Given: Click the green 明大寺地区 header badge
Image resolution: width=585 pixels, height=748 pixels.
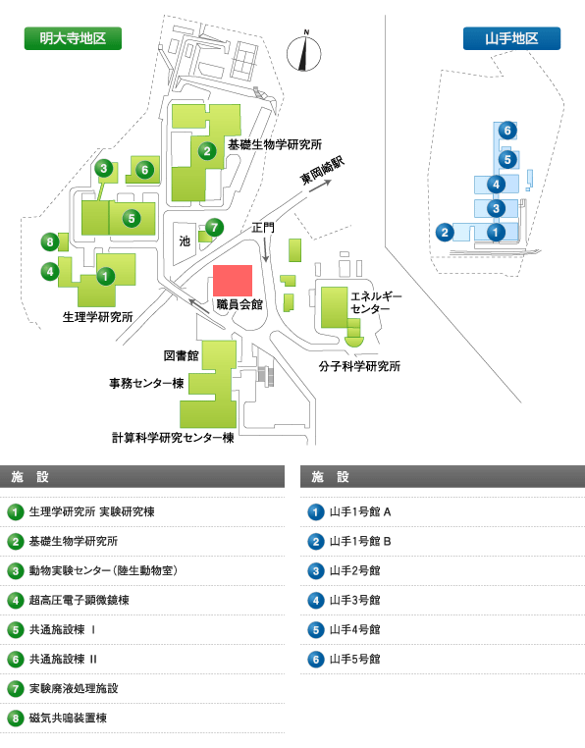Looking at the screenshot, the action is tap(73, 38).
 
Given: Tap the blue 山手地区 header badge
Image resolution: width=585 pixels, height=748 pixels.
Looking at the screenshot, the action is tap(511, 38).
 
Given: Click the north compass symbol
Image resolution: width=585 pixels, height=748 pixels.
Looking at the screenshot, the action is tap(304, 52).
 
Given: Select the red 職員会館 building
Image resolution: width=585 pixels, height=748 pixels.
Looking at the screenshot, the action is tap(233, 281).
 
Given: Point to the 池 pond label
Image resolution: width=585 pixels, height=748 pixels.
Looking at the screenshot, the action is tap(185, 240).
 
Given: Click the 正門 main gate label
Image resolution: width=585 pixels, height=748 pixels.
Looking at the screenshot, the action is tap(263, 228).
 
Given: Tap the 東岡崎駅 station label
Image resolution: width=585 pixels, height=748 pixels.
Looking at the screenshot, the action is tap(322, 170).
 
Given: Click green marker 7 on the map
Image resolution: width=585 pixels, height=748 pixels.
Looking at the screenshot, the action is tap(214, 228).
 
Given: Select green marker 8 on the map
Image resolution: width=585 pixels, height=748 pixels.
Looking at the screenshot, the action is tap(50, 241).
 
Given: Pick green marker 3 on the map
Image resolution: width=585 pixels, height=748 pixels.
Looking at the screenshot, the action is tap(103, 168).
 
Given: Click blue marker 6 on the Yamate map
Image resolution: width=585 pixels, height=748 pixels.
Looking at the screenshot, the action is tap(507, 131).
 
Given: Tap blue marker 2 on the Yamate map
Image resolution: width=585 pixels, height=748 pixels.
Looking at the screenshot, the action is tap(445, 233).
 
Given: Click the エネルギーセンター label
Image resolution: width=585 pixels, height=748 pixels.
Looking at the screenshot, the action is tap(376, 302).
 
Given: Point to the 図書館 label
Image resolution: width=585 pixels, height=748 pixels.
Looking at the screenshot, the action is tap(181, 355).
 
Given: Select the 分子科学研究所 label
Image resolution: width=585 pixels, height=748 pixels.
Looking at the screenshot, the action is tap(359, 366).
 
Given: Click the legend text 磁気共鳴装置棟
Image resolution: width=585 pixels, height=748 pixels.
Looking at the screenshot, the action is tap(68, 718).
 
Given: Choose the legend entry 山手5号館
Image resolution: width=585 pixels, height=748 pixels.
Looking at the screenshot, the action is tap(355, 659).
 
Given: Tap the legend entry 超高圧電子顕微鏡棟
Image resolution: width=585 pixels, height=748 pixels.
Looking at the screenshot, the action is tap(80, 600).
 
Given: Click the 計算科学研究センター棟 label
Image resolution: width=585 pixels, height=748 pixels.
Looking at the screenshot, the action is tap(173, 438).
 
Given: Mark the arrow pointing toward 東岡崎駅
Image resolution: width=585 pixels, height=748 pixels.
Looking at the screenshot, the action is tap(320, 186).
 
